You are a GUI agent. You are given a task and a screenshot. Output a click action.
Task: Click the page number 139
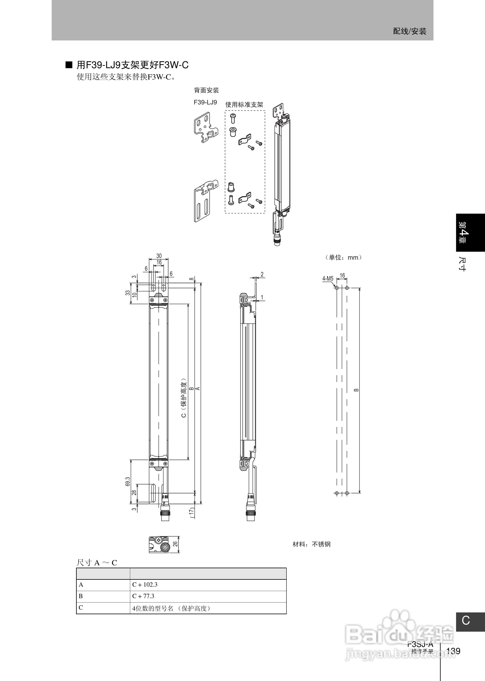coord(453,651)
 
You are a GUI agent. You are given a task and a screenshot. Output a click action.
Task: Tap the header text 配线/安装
coord(410,31)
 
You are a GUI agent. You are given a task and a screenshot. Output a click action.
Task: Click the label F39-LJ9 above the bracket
coord(205,102)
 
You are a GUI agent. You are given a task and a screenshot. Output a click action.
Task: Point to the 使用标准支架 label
coord(244,104)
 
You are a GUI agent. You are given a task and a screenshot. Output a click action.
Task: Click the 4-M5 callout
coord(328,279)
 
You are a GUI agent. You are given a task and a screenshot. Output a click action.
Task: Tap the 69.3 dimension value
coord(128,481)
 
